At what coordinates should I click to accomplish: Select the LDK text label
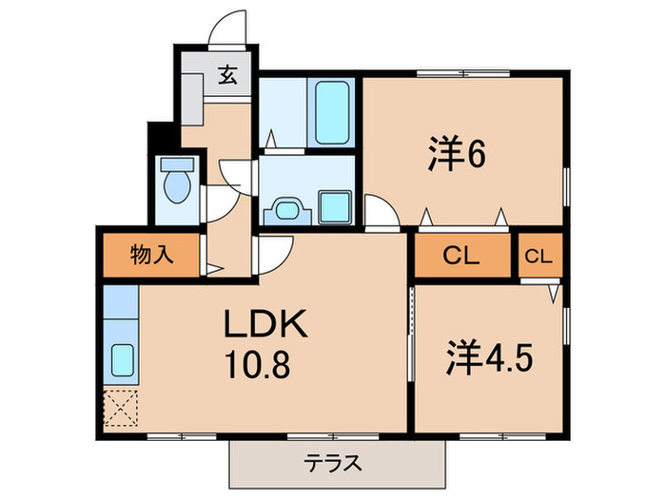click(265, 326)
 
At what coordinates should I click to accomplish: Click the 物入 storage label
click(150, 255)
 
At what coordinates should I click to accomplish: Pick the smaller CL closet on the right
click(539, 255)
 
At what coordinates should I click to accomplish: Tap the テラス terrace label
click(333, 464)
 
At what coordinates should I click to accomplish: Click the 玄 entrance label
click(230, 73)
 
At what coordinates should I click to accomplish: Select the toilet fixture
click(178, 182)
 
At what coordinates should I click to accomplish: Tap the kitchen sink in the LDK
click(122, 358)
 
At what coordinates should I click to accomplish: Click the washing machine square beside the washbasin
click(334, 206)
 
